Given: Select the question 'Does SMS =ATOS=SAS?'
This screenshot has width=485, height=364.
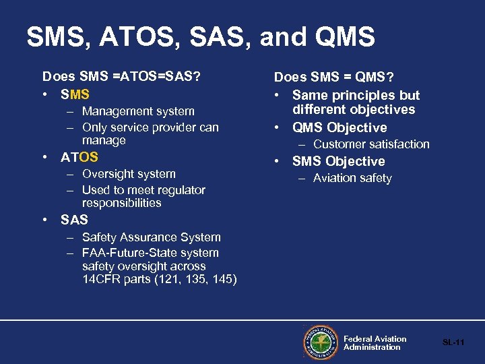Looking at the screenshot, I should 121,77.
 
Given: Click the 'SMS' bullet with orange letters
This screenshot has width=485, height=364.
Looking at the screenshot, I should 75,94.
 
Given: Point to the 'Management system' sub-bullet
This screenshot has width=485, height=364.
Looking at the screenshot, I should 138,111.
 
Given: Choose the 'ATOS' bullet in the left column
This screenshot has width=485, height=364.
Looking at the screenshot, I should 79,157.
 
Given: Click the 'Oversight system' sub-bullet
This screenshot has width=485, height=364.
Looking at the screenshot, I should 129,174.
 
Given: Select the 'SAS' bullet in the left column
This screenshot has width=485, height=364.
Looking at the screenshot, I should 74,220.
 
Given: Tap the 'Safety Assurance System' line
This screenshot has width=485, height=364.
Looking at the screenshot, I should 151,237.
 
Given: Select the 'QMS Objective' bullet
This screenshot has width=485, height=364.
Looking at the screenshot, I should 339,127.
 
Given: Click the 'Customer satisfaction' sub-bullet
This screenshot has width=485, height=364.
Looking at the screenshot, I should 371,144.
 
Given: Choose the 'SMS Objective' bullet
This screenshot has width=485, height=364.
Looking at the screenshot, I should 338,161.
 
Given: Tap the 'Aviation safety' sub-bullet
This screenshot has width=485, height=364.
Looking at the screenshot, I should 352,178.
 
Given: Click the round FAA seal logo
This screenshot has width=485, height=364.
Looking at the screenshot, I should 321,343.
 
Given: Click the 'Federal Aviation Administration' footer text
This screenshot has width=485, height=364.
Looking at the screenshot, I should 375,343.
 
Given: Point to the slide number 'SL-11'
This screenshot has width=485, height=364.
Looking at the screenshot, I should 453,343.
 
